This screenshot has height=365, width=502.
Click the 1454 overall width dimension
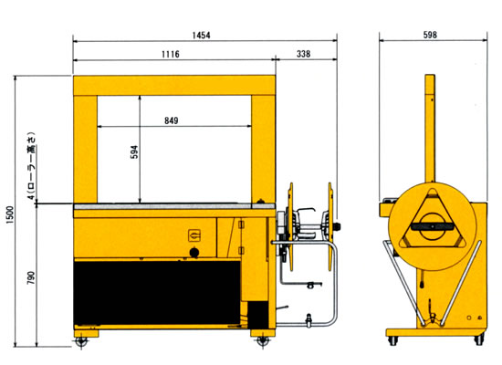click(x=201, y=35)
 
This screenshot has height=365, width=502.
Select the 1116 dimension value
click(x=171, y=54)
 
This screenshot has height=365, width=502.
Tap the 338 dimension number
click(x=303, y=54)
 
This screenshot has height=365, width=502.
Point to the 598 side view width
click(x=430, y=35)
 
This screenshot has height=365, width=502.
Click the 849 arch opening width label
click(x=172, y=120)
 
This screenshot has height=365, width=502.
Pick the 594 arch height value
click(x=135, y=151)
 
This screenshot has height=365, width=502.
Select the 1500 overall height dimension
click(x=11, y=214)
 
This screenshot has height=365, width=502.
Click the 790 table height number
click(x=31, y=278)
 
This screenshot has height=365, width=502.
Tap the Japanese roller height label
click(x=31, y=165)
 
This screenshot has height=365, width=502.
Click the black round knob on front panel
click(x=194, y=252)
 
